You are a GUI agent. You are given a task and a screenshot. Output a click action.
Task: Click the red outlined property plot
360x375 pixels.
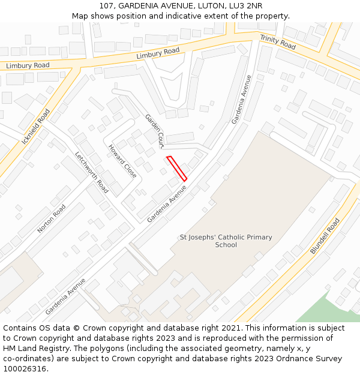177,168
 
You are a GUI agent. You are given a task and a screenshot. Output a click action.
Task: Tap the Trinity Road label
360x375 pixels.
277,42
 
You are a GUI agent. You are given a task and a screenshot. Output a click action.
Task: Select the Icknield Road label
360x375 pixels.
35,127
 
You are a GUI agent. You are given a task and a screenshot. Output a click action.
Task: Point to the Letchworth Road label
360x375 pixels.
91,172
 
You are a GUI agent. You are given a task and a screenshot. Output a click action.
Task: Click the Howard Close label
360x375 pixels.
122,161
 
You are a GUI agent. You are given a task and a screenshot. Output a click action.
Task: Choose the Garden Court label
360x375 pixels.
154,131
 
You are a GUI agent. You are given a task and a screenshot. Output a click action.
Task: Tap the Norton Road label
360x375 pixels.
52,218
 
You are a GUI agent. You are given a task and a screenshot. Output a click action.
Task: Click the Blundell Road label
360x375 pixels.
325,236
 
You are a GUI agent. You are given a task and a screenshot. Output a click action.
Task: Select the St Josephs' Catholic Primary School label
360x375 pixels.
226,241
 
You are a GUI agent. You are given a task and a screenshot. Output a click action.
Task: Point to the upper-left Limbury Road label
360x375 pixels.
28,65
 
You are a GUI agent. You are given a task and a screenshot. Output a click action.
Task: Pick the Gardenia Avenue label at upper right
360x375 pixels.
242,99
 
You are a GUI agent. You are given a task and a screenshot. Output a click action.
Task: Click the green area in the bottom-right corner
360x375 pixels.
333,309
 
